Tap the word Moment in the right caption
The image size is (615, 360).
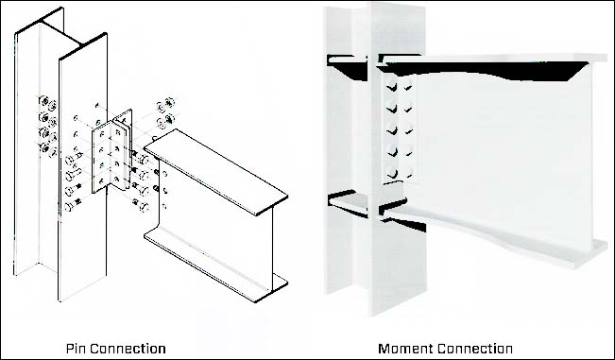coord(406,349)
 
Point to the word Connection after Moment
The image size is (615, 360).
coord(475,349)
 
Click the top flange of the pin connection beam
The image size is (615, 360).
coord(215,172)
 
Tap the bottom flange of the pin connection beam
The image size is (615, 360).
coord(215,264)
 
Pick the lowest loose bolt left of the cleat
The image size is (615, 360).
coord(72,205)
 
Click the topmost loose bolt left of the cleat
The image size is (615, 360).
coord(73,159)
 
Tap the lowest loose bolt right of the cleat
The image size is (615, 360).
coord(141,205)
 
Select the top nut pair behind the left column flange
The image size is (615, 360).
coord(48,103)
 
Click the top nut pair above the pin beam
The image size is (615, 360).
coord(165,104)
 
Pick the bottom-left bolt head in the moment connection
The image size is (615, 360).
coord(391,171)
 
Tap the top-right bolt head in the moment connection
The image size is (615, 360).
coord(408,83)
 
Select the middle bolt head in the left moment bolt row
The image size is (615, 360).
coord(391,128)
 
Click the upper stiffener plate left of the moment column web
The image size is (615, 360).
coord(347,67)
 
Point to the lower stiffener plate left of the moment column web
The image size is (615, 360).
coord(348,203)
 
